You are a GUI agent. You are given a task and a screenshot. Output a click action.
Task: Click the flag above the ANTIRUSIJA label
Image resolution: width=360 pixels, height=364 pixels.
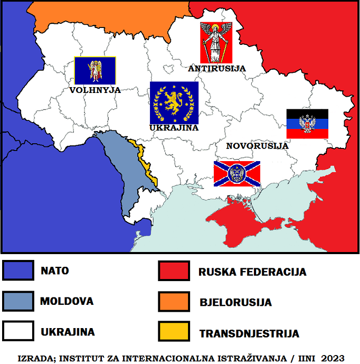pyautogui.click(x=216, y=43)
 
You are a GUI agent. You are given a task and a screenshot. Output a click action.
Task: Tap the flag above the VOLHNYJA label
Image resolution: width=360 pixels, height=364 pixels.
pyautogui.click(x=95, y=70)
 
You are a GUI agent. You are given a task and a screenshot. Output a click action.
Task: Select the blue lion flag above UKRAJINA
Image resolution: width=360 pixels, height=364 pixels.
pyautogui.click(x=174, y=102)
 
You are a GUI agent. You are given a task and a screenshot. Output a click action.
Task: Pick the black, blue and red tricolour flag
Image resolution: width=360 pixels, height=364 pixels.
pyautogui.click(x=307, y=124)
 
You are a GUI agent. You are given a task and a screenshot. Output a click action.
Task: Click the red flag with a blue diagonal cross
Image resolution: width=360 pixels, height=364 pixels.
pyautogui.click(x=236, y=174)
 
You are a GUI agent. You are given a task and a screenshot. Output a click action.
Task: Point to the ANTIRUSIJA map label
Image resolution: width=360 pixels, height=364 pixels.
pyautogui.click(x=217, y=68)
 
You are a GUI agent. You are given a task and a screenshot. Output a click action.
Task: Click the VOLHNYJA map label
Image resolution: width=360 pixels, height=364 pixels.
pyautogui.click(x=95, y=90)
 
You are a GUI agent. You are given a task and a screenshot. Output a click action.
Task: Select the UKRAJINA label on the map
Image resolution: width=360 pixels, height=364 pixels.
pyautogui.click(x=174, y=128)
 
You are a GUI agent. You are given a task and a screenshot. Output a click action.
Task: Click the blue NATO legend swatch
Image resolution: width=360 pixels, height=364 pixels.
pyautogui.click(x=18, y=270)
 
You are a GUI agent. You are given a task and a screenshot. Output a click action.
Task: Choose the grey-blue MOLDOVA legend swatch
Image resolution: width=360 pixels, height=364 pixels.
pyautogui.click(x=18, y=301)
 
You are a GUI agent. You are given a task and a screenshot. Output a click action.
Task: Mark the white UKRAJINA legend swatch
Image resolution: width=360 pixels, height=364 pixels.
pyautogui.click(x=18, y=332)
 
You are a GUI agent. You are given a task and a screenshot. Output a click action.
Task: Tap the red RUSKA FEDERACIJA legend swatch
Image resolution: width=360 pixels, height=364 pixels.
pyautogui.click(x=174, y=270)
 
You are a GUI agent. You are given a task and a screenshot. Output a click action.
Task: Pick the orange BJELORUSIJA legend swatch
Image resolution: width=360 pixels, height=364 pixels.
pyautogui.click(x=174, y=301)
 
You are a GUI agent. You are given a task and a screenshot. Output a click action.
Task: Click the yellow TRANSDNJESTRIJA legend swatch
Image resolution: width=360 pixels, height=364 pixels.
pyautogui.click(x=174, y=332)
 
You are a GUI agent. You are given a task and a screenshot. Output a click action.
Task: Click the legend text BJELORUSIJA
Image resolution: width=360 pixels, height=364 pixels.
pyautogui.click(x=235, y=303)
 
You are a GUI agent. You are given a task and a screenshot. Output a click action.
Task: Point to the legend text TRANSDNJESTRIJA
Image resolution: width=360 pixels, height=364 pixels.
pyautogui.click(x=249, y=334)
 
